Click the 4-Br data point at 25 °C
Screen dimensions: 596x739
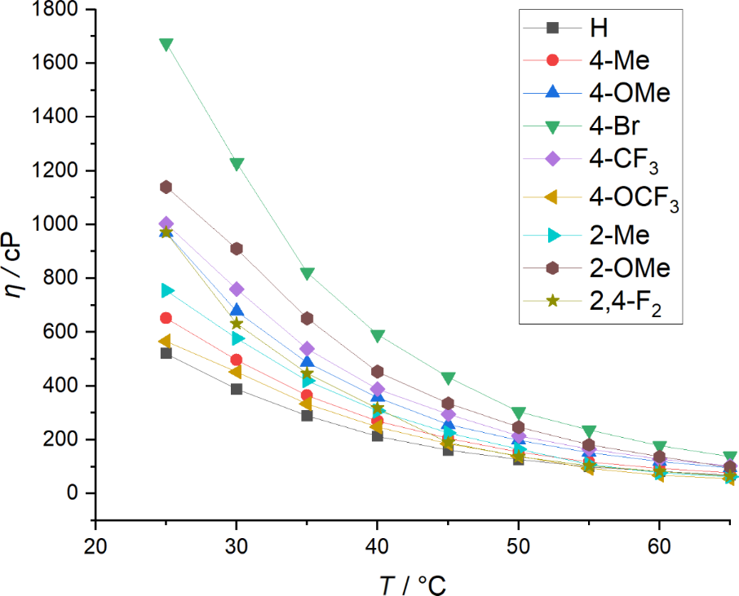tap(166, 44)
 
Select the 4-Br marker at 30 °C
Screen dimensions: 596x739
tap(237, 164)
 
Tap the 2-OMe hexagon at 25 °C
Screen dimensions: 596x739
tap(166, 188)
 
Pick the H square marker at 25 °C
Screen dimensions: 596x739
tap(166, 353)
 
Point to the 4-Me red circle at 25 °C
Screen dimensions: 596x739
tap(166, 318)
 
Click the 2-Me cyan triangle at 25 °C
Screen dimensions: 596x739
tap(167, 290)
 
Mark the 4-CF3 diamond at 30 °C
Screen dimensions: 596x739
tap(237, 289)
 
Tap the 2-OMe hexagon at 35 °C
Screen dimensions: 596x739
tap(308, 318)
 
